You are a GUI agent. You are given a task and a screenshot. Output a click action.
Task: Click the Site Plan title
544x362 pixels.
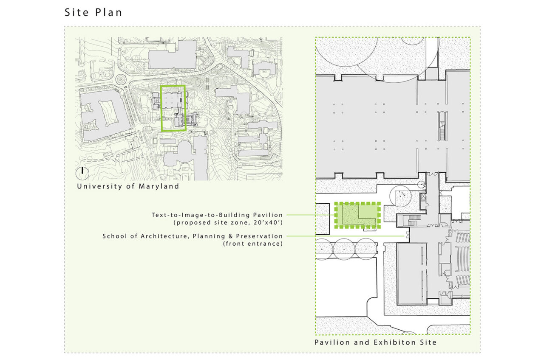[93, 12]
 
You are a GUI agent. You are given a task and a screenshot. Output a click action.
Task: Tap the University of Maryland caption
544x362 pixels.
[128, 186]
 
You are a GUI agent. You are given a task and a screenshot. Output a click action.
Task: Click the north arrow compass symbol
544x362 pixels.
[82, 173]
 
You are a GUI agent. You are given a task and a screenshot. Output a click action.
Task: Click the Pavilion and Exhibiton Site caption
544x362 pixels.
[375, 342]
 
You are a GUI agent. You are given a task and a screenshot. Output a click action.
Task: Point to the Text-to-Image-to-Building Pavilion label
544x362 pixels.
[217, 215]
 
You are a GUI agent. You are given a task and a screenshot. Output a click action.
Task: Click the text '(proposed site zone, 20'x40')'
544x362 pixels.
[228, 222]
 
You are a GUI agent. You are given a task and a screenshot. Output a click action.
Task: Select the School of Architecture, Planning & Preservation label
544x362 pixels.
[193, 236]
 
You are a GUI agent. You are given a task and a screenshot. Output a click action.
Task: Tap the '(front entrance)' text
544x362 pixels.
[253, 244]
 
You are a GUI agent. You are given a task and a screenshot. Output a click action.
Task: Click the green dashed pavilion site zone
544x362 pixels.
[335, 215]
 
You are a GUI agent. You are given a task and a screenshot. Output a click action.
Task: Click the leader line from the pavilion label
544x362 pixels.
[311, 215]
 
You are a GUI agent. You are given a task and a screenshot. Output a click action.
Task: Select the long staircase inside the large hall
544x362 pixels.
[443, 126]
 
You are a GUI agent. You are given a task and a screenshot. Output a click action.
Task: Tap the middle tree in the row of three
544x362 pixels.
[344, 249]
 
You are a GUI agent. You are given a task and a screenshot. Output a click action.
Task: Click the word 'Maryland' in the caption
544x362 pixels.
[159, 186]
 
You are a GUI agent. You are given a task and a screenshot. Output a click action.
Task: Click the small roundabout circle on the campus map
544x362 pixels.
[120, 79]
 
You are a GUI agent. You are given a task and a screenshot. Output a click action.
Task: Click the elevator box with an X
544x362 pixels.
[423, 196]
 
